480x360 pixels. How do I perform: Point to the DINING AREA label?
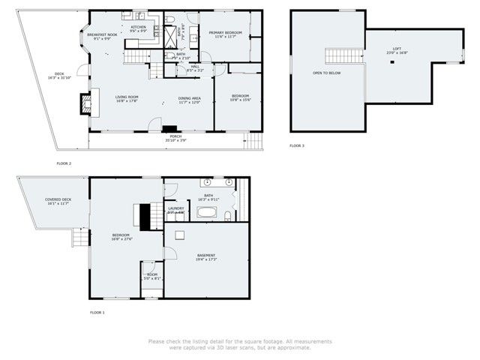tap(189, 99)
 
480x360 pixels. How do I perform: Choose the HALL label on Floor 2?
tap(195, 68)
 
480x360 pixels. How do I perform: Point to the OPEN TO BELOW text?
tap(326, 73)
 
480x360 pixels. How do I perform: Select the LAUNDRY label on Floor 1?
tap(176, 210)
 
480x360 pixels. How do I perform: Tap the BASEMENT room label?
tap(206, 256)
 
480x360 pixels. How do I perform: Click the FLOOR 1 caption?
tap(97, 312)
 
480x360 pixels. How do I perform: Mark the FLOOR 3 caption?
tap(298, 145)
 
